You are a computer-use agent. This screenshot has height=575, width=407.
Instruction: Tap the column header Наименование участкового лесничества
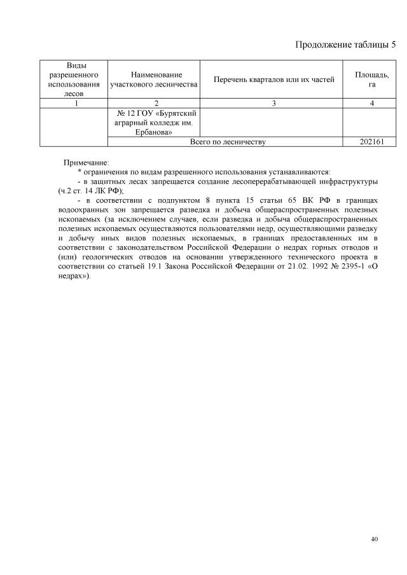click(153, 80)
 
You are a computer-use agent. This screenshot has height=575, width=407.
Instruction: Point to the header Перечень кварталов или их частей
click(273, 80)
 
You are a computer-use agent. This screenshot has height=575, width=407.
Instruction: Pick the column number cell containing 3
click(273, 104)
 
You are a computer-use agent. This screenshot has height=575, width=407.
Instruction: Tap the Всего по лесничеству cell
click(228, 142)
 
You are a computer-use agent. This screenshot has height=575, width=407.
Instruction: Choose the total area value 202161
click(371, 142)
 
